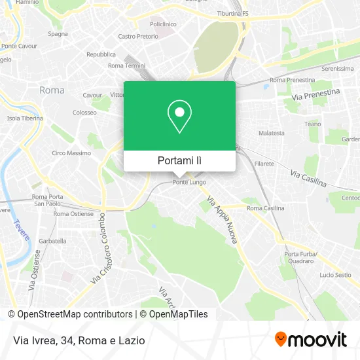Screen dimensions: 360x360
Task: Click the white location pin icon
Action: click(x=179, y=117)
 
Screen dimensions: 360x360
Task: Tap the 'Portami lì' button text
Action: click(x=179, y=160)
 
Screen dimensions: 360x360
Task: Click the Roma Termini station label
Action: click(x=126, y=65)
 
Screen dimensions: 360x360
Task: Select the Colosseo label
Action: click(x=84, y=112)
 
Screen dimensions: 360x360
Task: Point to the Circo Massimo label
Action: click(x=71, y=153)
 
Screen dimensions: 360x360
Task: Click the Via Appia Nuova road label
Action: click(x=221, y=221)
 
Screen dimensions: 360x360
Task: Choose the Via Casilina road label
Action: click(x=308, y=175)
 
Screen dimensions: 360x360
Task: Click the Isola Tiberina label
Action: click(x=25, y=118)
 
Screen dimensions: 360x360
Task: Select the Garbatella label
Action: click(x=53, y=241)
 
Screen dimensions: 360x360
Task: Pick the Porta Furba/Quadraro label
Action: click(x=300, y=257)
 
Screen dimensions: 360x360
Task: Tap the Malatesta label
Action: click(x=272, y=133)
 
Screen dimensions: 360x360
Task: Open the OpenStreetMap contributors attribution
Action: click(x=70, y=314)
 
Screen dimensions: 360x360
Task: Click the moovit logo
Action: click(x=311, y=339)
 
